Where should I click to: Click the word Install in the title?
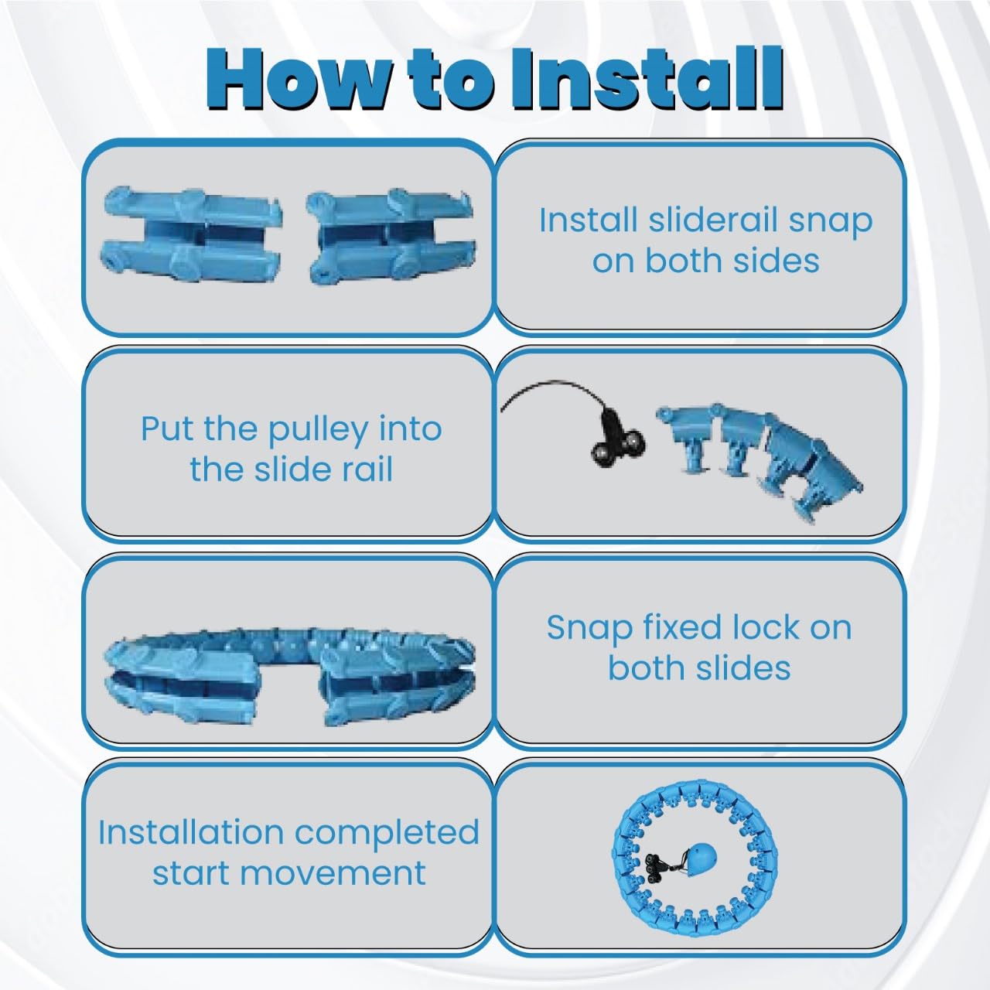pos(647,79)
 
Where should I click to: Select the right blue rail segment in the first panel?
pos(391,236)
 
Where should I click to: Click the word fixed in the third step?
pos(682,627)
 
